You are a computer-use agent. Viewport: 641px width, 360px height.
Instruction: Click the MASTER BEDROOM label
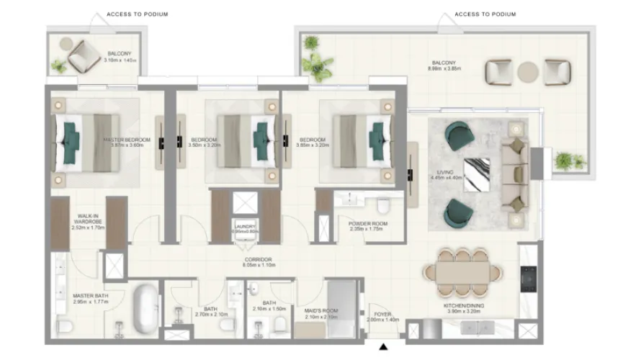[x=127, y=140]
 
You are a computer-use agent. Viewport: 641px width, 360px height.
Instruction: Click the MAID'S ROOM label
[x=321, y=311]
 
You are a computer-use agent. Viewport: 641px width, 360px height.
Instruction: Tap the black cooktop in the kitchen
[x=529, y=276]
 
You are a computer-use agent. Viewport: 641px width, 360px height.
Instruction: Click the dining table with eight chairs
[x=460, y=271]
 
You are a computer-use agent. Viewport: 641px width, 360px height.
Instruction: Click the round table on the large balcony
[x=529, y=71]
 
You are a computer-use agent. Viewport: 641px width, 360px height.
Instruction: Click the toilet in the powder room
[x=383, y=207]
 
